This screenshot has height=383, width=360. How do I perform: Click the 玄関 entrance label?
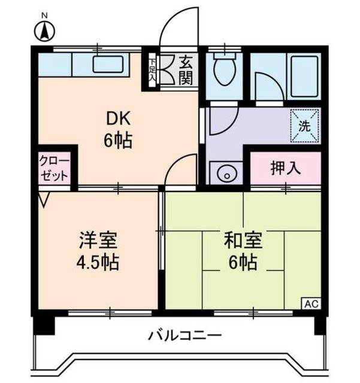[x=186, y=69]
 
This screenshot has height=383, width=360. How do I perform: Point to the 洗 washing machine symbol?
[x=304, y=126]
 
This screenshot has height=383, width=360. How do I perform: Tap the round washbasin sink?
[x=226, y=174]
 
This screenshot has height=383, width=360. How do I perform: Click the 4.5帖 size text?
[x=98, y=262]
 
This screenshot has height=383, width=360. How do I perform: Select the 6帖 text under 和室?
[x=243, y=262]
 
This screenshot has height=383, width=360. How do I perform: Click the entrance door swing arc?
[x=180, y=24]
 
